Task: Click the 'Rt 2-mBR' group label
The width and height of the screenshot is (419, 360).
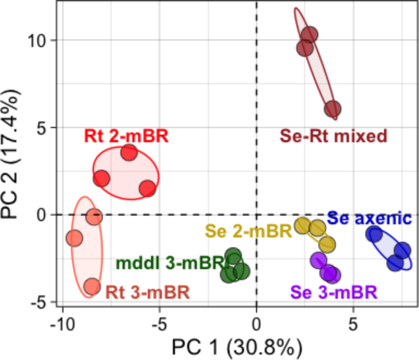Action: pyautogui.click(x=126, y=135)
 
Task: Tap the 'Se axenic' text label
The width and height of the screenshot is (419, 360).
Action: pyautogui.click(x=369, y=218)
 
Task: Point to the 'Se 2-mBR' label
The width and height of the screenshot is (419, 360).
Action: pyautogui.click(x=248, y=232)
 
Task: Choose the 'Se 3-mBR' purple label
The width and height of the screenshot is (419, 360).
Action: pyautogui.click(x=333, y=291)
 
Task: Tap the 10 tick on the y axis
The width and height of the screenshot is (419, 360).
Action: pyautogui.click(x=40, y=40)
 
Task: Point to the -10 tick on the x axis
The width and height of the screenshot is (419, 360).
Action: pyautogui.click(x=62, y=321)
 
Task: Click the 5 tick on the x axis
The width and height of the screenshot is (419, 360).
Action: pyautogui.click(x=353, y=321)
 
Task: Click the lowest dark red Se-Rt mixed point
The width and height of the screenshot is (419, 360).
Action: pyautogui.click(x=332, y=110)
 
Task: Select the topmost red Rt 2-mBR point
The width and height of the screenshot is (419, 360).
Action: pyautogui.click(x=128, y=152)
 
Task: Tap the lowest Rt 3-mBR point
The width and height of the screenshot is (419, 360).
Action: pyautogui.click(x=92, y=286)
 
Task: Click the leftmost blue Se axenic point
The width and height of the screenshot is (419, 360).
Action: pyautogui.click(x=374, y=234)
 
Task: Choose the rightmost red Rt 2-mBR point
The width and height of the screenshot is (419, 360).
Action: pyautogui.click(x=147, y=189)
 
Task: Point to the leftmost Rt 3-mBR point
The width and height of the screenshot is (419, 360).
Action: pyautogui.click(x=75, y=238)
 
